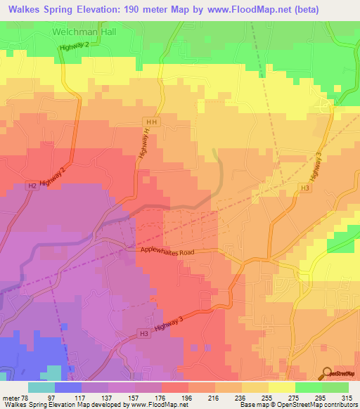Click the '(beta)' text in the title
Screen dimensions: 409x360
point(297,10)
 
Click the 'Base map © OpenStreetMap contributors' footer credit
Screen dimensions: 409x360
point(301,405)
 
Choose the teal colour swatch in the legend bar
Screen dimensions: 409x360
point(41,387)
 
